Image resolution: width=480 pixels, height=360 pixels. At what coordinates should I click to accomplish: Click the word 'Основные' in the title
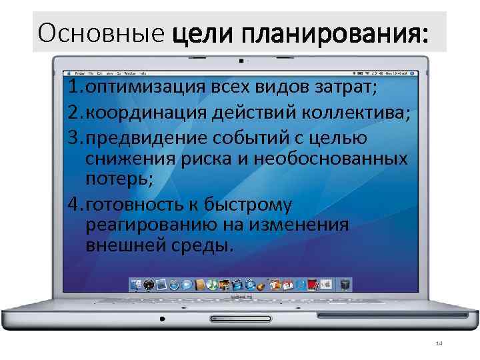(x=101, y=32)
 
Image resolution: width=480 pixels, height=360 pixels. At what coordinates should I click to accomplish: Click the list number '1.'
(x=75, y=88)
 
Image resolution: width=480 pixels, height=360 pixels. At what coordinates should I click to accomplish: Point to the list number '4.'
(x=75, y=203)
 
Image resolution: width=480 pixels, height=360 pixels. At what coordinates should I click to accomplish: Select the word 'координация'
(x=141, y=112)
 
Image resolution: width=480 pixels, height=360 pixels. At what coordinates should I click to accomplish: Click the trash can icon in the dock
(x=344, y=285)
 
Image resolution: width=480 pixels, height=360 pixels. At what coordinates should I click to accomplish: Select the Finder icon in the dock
(x=137, y=285)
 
